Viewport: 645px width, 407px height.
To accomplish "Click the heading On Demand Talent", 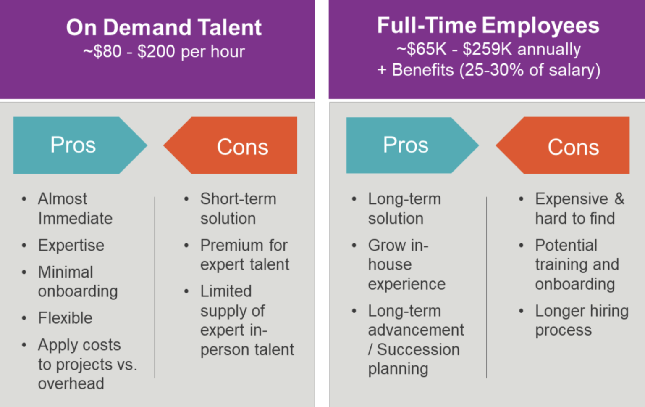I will click(x=164, y=28).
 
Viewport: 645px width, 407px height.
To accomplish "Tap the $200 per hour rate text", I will click(x=191, y=52).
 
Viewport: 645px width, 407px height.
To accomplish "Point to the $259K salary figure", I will click(x=488, y=49).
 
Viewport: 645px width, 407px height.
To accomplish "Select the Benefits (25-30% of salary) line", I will click(x=489, y=70).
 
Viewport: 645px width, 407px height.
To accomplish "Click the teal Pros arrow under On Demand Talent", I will click(x=73, y=145).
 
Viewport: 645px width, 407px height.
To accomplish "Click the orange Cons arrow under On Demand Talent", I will click(x=242, y=147).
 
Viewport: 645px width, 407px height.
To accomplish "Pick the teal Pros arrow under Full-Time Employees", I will click(x=406, y=145).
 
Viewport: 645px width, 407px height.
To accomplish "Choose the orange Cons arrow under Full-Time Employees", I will click(x=573, y=147).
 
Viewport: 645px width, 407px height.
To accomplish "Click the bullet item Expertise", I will click(x=71, y=245).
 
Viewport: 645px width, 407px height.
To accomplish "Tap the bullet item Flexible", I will click(x=65, y=318).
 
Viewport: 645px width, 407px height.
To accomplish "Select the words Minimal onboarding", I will click(x=78, y=282).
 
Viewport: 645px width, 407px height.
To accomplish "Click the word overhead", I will click(x=71, y=383).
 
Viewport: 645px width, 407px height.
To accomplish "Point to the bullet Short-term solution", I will click(x=238, y=209).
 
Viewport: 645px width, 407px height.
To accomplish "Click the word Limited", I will click(x=226, y=291).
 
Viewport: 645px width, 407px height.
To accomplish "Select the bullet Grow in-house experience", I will click(x=406, y=264).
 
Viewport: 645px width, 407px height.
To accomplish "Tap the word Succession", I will click(x=418, y=349).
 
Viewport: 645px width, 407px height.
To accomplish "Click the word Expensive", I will click(x=571, y=199).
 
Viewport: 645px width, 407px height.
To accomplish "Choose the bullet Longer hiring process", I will click(x=581, y=320).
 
